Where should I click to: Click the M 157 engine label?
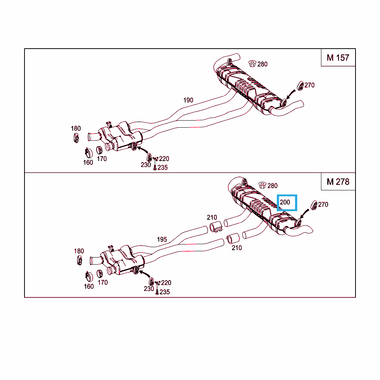tap(338, 58)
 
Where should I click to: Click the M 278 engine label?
tap(338, 182)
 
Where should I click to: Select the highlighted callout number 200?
tap(285, 202)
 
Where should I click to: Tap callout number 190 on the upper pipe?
tap(188, 100)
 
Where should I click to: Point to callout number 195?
tap(162, 239)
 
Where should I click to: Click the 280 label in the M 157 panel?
tap(262, 64)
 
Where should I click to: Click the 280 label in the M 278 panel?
tap(272, 186)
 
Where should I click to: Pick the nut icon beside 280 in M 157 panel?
tap(252, 63)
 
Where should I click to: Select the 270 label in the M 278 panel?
tap(323, 204)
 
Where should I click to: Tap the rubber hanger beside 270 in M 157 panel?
tap(300, 86)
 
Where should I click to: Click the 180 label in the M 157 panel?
tap(76, 128)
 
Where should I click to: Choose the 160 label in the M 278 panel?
tap(89, 286)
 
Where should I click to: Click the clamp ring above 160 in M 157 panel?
tap(88, 153)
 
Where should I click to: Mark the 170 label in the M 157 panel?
tap(102, 159)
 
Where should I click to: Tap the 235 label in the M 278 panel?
tap(164, 292)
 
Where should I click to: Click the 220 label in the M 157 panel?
tap(164, 159)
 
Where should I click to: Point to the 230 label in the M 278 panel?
tap(149, 289)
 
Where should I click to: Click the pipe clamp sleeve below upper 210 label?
tap(216, 227)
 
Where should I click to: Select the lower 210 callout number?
tap(237, 248)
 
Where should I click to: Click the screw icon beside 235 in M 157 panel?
tap(155, 167)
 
